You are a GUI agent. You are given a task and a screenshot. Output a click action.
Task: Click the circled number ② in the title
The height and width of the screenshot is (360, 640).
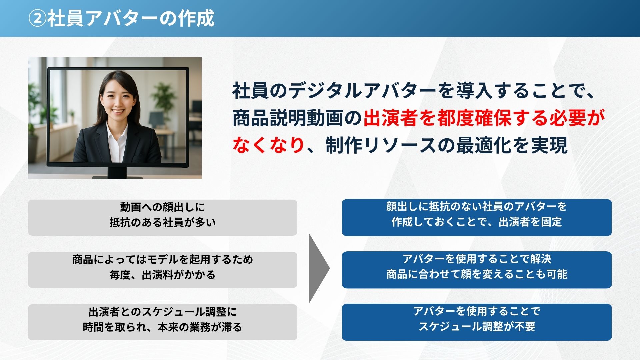coord(37,19)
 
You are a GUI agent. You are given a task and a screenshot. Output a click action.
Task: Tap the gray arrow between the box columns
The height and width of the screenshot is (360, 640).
coord(319,268)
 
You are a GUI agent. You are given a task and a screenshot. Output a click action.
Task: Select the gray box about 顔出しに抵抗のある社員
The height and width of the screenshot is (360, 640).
coord(163,218)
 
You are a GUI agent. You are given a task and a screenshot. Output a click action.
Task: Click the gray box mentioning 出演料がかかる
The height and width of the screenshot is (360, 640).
coord(163,270)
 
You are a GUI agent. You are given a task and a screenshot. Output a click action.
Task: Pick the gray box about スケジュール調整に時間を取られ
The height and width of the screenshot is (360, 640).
coord(163,322)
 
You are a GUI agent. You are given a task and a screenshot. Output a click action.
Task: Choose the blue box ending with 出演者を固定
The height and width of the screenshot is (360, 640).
coord(477,217)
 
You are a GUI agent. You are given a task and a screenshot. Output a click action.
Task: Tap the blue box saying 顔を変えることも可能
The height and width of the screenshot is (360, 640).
coord(477,270)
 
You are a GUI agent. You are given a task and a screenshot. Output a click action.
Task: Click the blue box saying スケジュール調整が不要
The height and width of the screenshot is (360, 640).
coord(477,322)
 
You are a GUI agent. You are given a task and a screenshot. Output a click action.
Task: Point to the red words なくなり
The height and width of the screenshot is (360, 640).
coord(269,145)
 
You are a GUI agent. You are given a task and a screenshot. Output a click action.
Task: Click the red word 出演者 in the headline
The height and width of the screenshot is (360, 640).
coord(390,118)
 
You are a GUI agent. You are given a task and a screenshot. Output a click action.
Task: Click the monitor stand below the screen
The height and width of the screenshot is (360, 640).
coord(117,172)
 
